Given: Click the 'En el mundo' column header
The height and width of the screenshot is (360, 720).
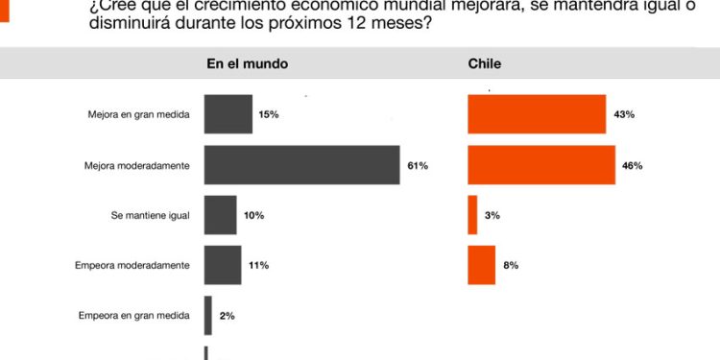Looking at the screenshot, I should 248,64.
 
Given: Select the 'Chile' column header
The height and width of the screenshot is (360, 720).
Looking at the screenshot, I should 484,64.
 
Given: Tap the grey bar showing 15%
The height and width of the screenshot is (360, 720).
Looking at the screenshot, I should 228,114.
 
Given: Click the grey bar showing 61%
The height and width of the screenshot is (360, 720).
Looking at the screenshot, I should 301,165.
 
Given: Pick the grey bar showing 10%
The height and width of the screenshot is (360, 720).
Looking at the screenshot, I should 220,215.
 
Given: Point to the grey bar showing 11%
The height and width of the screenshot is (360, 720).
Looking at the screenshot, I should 223,265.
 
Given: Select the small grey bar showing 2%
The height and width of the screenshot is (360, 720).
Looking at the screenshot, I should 208,315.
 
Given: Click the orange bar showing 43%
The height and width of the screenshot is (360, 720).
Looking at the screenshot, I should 537,114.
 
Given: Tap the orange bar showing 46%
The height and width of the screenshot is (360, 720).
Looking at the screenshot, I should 541,165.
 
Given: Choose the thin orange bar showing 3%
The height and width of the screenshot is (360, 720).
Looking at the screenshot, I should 472,215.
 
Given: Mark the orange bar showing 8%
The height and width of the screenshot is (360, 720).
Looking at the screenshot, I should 482,265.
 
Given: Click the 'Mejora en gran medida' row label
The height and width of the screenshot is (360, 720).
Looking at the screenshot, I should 138,115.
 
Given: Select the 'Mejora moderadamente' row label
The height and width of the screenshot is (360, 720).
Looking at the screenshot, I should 137,165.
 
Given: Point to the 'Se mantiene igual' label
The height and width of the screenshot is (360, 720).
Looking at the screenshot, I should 150,215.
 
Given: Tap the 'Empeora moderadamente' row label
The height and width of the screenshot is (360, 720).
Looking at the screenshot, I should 132,265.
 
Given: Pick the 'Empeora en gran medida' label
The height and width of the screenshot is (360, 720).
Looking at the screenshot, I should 134,315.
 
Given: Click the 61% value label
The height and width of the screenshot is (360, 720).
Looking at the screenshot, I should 418,165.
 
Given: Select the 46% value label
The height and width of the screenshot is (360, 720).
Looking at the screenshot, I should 632,165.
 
